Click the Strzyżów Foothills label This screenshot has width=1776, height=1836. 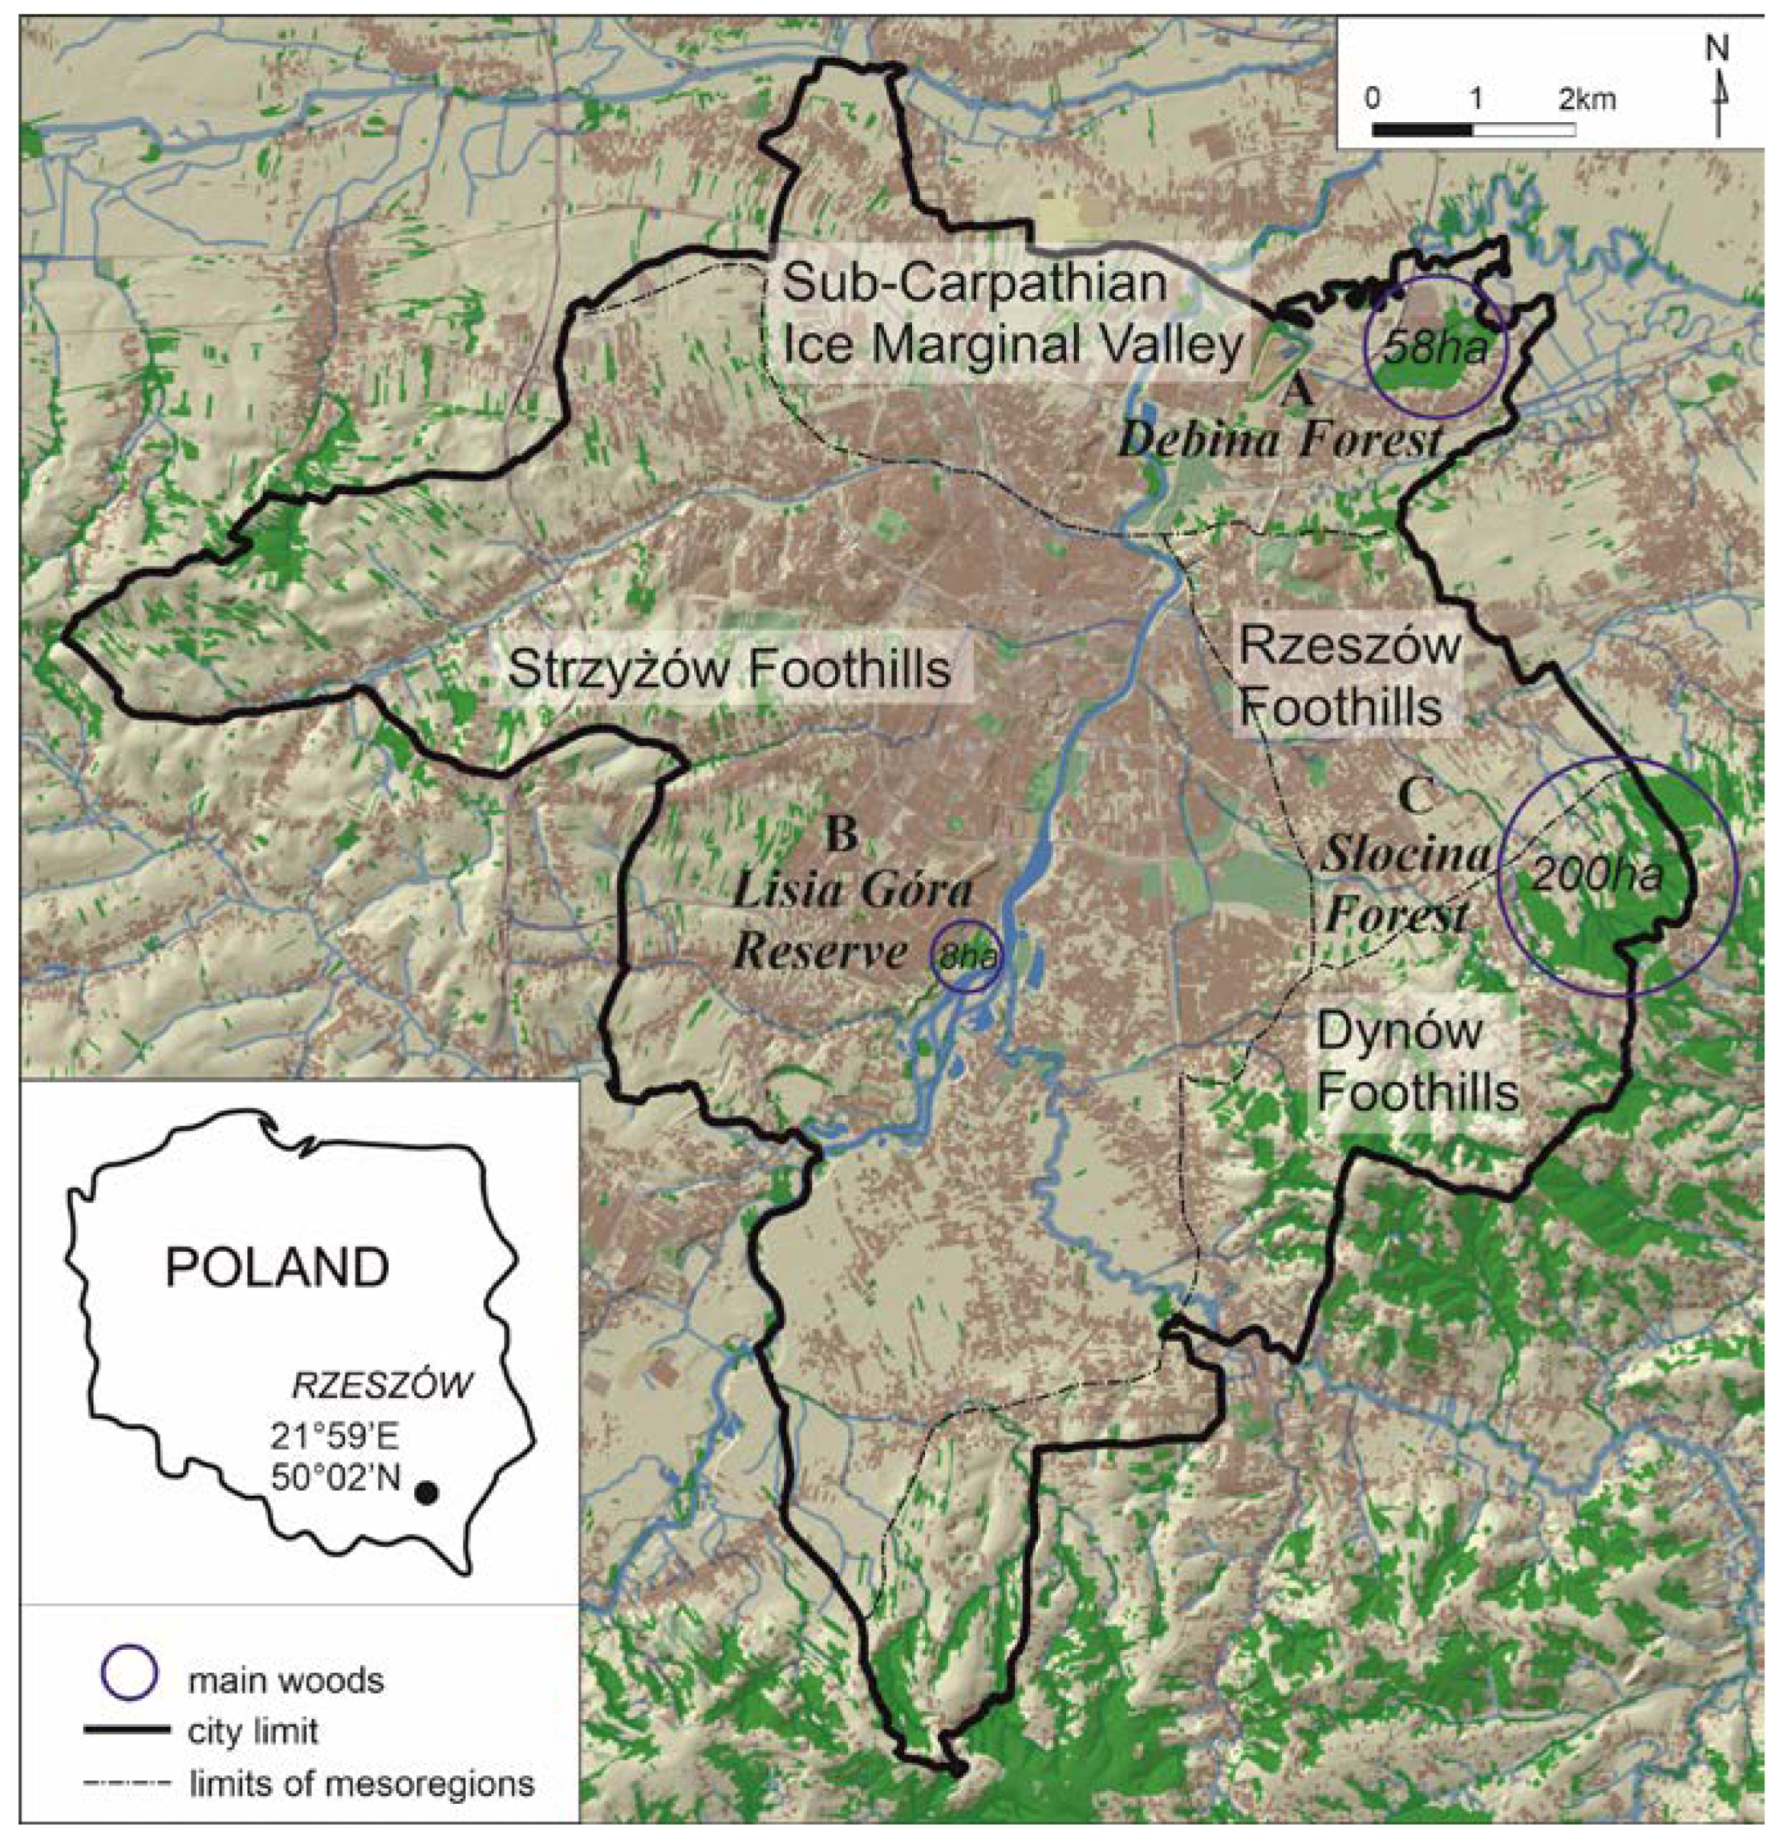[x=728, y=670]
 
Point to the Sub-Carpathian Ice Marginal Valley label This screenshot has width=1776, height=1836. [x=1012, y=314]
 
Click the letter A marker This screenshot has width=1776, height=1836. [x=1297, y=390]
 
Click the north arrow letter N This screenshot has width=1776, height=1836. [x=1717, y=51]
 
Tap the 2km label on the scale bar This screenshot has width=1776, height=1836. [x=1587, y=99]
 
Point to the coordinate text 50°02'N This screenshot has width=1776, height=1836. [x=335, y=1477]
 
